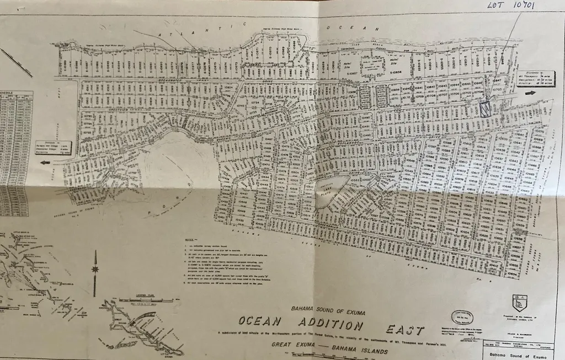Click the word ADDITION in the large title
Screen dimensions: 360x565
click(330, 325)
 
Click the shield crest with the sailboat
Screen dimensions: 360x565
click(519, 303)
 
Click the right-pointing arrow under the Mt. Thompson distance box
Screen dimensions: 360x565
click(530, 93)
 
